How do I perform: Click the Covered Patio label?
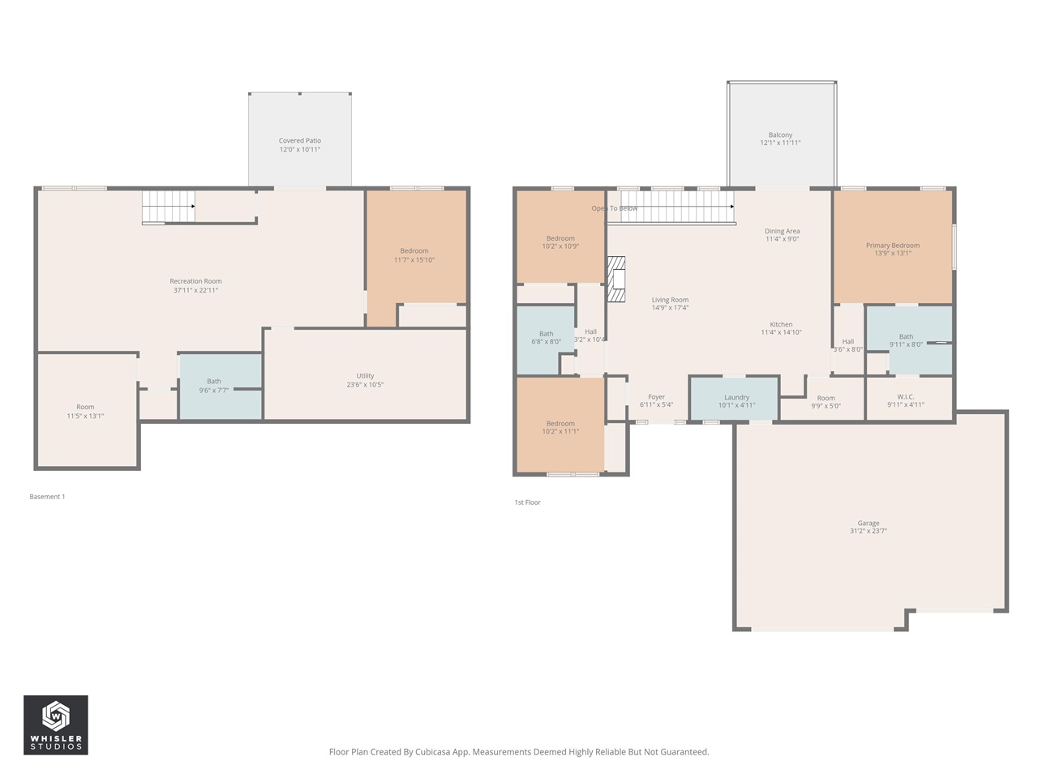300,141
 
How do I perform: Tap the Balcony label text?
780,135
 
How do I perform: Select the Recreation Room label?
195,282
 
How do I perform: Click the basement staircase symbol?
169,207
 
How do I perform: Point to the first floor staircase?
677,207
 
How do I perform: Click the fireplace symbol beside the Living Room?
617,280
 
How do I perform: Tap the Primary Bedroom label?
892,246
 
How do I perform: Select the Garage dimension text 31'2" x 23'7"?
868,532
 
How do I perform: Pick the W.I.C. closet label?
906,397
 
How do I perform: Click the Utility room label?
365,376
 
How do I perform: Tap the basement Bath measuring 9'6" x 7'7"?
214,385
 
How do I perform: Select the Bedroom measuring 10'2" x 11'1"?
560,427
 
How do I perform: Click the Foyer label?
656,397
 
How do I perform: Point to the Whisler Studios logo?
56,725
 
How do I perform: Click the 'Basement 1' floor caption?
47,497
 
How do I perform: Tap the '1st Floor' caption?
527,502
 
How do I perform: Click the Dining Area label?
782,232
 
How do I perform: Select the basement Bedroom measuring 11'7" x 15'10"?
414,255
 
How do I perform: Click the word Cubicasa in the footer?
435,752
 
